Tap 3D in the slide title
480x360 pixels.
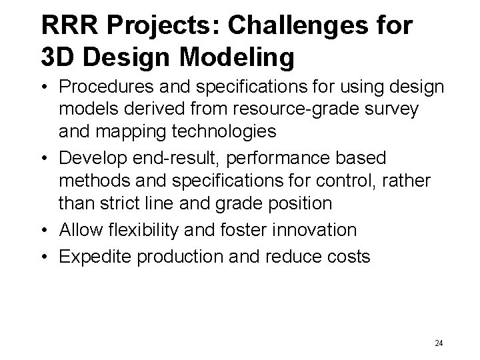coord(57,58)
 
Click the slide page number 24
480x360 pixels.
coord(438,343)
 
